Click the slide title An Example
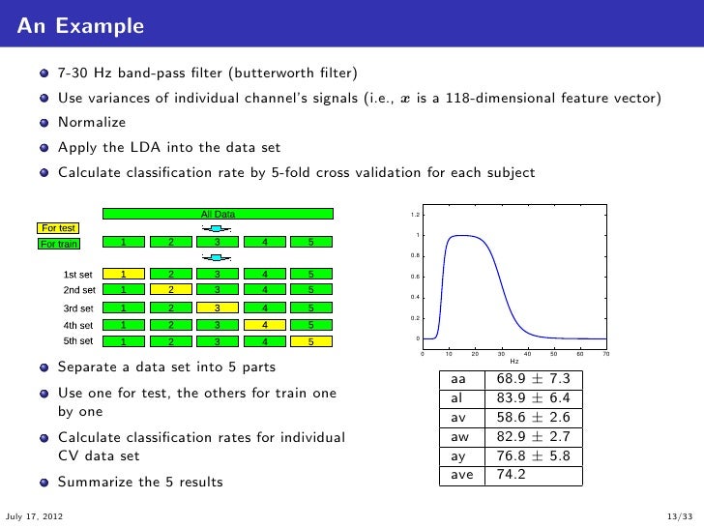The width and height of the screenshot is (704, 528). tap(80, 25)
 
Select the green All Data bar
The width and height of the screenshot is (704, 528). tap(218, 214)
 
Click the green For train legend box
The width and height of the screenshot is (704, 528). tap(60, 244)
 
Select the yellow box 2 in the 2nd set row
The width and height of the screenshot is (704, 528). tap(170, 289)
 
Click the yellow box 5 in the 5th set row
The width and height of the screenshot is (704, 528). tap(309, 341)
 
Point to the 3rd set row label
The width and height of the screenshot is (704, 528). tap(78, 308)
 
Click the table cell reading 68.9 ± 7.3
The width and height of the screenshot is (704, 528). tap(533, 378)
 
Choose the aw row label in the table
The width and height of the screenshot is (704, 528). tap(458, 437)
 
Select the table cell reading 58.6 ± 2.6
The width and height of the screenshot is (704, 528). tap(533, 418)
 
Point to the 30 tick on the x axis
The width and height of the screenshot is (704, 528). tap(501, 354)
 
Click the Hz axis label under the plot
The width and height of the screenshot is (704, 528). tap(513, 362)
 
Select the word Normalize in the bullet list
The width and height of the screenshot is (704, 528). tap(92, 123)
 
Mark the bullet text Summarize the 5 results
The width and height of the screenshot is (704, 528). tap(140, 482)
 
